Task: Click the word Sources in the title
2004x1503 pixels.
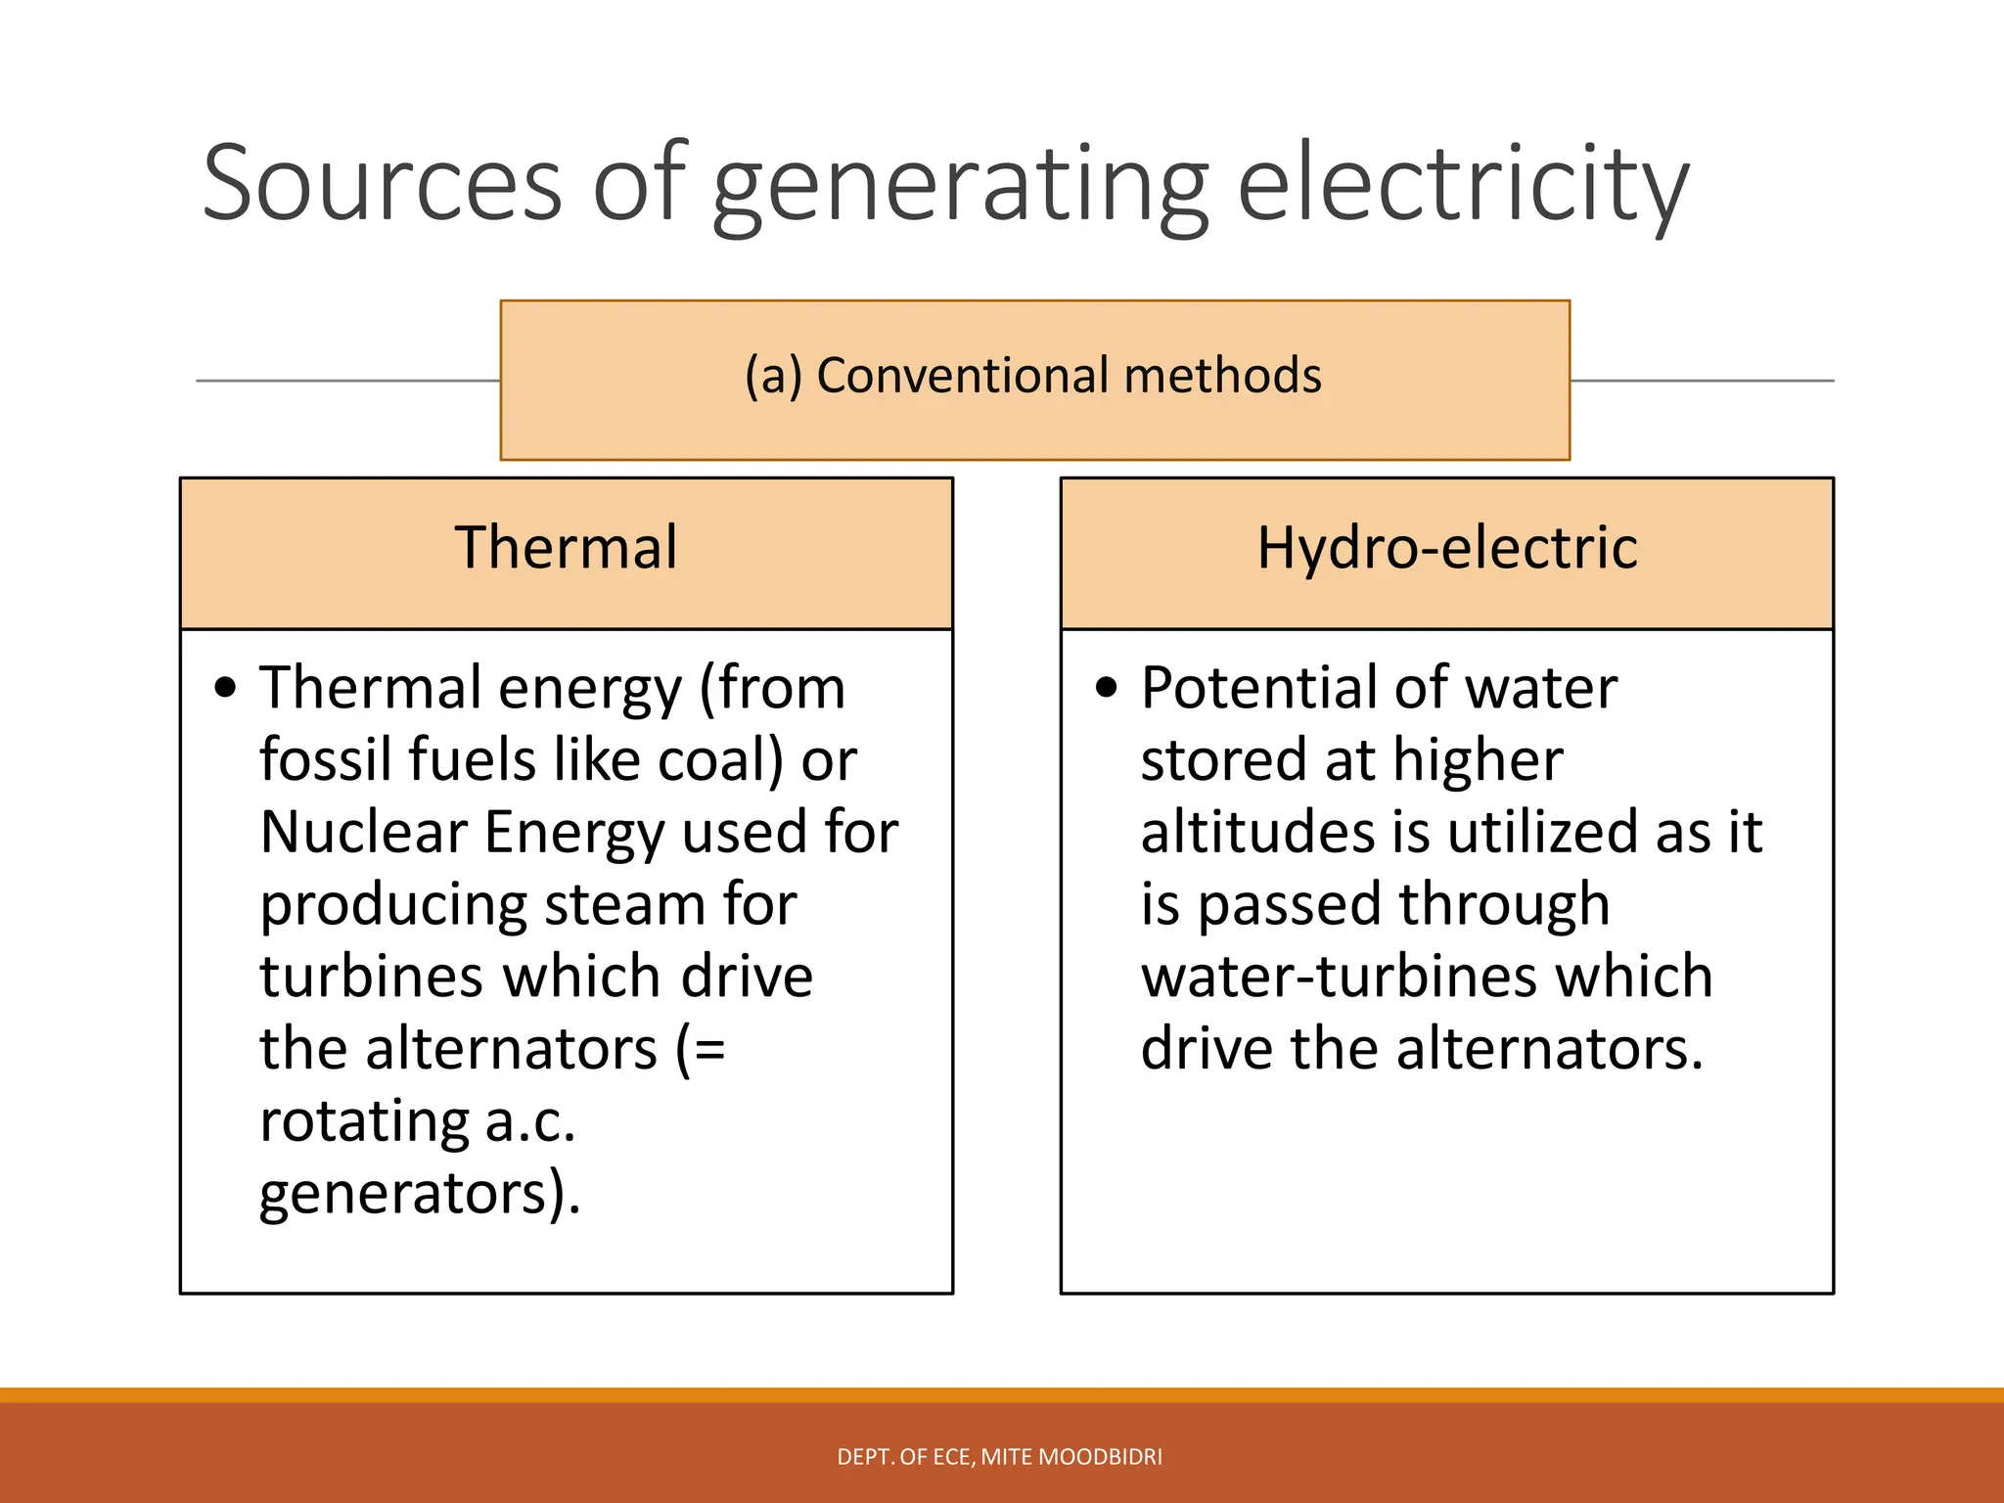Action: pos(382,183)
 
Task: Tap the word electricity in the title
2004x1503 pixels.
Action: pos(1463,183)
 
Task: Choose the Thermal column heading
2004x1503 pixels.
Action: pos(566,548)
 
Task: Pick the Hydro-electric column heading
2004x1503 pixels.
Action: pos(1446,548)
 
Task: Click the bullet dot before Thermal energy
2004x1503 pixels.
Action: pos(226,688)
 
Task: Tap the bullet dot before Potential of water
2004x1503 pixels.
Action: pos(1107,688)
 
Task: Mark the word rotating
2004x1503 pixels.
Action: pos(364,1121)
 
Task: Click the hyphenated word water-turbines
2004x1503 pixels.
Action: pos(1427,977)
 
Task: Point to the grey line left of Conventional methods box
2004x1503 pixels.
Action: pos(347,381)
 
